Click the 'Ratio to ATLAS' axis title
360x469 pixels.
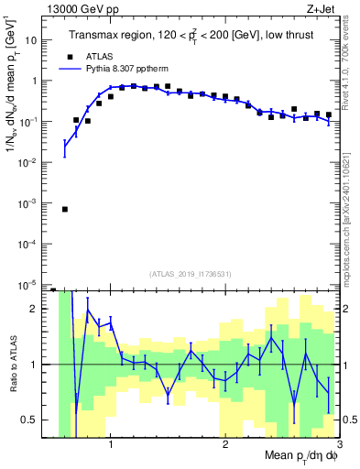[12, 364]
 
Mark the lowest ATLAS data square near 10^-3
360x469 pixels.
[65, 209]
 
